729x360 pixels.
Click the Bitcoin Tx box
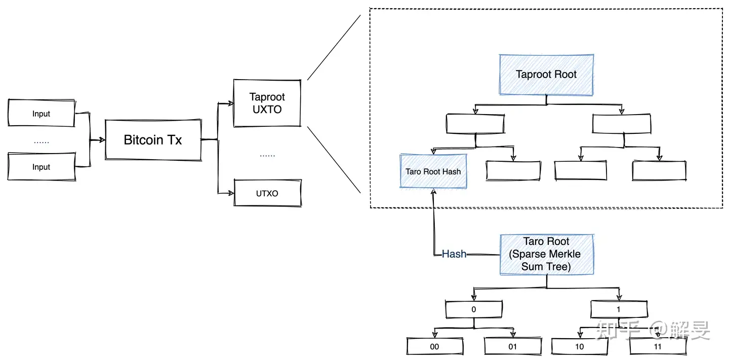153,140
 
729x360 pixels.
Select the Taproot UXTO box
267,103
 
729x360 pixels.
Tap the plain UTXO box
267,193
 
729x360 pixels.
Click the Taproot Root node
546,75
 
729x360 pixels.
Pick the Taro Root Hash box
433,171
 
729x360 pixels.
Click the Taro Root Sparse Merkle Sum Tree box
547,255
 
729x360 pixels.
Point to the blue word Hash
454,254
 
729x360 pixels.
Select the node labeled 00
435,346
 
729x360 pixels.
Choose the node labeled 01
513,346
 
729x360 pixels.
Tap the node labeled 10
580,346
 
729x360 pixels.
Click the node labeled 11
658,346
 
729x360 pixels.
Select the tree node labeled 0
474,309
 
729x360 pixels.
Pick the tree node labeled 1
619,309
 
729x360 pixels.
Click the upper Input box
42,113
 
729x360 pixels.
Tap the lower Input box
42,166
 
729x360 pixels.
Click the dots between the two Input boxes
42,142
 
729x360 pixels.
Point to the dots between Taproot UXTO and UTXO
267,156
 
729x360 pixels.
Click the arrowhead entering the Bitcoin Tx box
102,140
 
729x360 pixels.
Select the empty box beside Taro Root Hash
513,170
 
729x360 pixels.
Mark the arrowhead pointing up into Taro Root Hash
433,192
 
